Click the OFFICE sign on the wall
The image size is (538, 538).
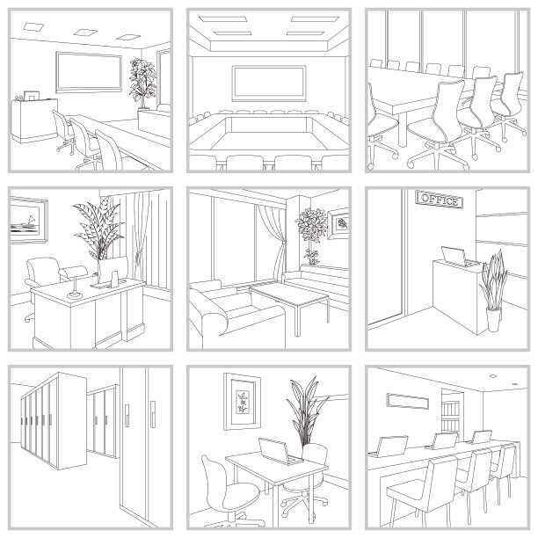pyautogui.click(x=440, y=200)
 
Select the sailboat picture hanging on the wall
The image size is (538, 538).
pyautogui.click(x=29, y=220)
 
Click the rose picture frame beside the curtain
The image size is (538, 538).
pyautogui.click(x=338, y=223)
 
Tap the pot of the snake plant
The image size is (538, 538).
pyautogui.click(x=493, y=319)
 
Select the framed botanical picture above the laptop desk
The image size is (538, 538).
pyautogui.click(x=242, y=402)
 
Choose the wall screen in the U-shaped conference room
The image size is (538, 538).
pyautogui.click(x=269, y=84)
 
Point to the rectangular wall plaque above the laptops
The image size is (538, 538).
pyautogui.click(x=408, y=401)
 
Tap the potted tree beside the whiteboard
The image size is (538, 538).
pyautogui.click(x=142, y=84)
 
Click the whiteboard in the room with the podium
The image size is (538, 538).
pyautogui.click(x=89, y=72)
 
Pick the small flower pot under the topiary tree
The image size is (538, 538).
pyautogui.click(x=312, y=258)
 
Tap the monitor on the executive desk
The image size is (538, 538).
pyautogui.click(x=113, y=270)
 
